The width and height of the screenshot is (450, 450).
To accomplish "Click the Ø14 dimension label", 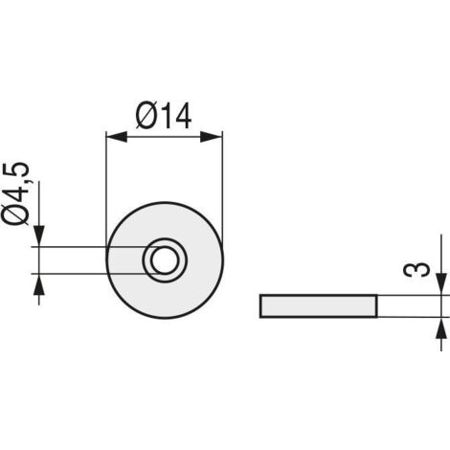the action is [164, 116].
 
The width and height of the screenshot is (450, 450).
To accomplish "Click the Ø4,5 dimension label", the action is [15, 193].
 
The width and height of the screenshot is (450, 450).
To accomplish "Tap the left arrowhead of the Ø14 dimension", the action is [116, 137].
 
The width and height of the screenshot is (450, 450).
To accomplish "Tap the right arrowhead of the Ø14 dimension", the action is [212, 137].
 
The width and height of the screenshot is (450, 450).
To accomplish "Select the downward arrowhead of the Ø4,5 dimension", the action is [39, 236].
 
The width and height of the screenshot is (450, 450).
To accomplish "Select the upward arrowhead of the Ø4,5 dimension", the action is [39, 284].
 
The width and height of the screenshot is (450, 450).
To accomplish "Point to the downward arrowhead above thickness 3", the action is [441, 284].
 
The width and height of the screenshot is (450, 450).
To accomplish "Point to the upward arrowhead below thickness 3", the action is [441, 328].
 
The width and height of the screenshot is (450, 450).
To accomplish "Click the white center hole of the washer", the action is [165, 260].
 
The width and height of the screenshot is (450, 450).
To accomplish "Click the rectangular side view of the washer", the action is [319, 306].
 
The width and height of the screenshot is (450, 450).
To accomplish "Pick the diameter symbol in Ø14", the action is [146, 116].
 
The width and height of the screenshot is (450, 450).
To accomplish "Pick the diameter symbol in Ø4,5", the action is [15, 214].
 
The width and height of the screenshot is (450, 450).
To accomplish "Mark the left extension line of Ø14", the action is [105, 194].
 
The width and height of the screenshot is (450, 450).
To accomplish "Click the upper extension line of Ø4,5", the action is [96, 247].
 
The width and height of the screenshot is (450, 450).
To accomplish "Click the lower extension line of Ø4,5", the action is [96, 274].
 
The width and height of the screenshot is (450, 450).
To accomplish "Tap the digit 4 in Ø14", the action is [182, 116].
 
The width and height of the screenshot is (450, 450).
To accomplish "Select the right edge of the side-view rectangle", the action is [377, 306].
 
